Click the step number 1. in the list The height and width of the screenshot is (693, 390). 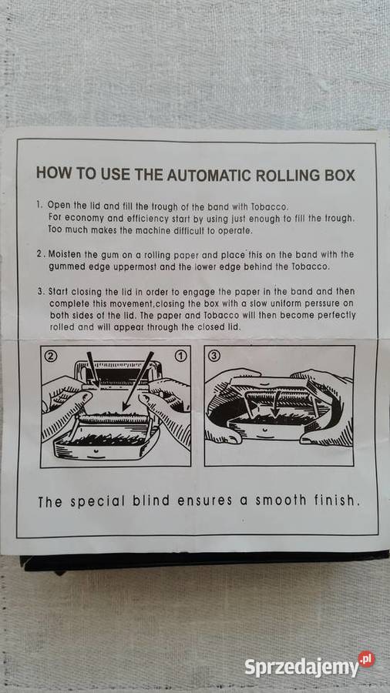39,206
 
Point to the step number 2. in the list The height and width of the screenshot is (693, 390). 39,254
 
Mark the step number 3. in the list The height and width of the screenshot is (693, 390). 39,292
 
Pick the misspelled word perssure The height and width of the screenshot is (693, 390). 317,303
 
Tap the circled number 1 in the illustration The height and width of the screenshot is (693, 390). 181,357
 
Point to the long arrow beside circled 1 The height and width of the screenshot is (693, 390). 137,394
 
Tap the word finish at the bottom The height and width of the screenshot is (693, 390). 333,501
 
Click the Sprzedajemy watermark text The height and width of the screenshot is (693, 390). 301,667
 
